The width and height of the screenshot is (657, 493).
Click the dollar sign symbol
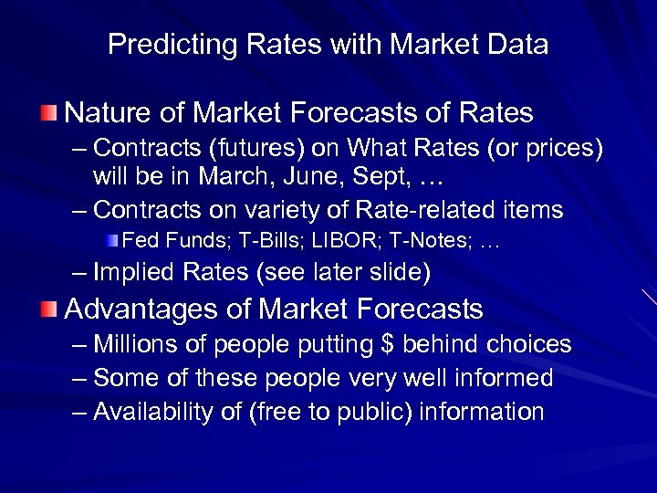point(392,344)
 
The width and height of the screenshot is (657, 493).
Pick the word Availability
point(151,412)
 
